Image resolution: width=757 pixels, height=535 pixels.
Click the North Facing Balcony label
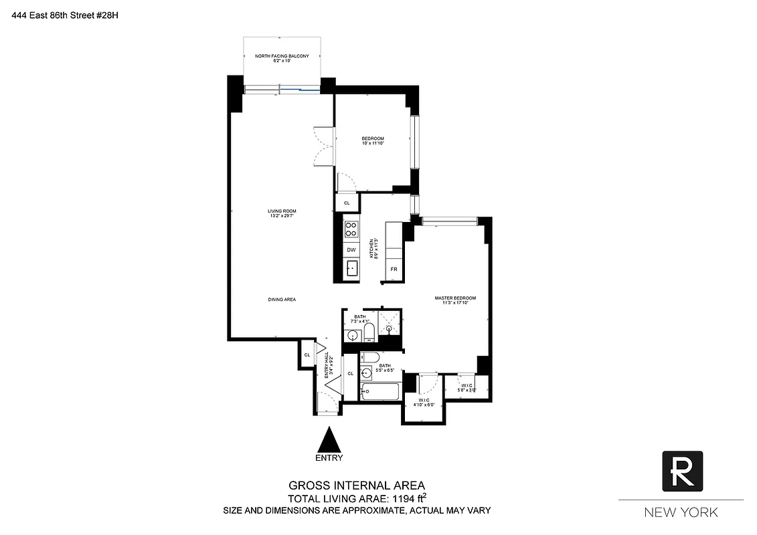(281, 58)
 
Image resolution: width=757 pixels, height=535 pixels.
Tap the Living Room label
(281, 213)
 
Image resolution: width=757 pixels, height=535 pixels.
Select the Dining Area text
(281, 300)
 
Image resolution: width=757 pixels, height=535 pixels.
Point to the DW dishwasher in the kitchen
(351, 249)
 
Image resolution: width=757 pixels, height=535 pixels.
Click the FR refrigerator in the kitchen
(394, 270)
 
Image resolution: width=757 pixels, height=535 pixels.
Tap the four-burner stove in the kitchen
(351, 229)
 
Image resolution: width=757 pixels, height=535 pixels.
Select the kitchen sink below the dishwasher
(351, 270)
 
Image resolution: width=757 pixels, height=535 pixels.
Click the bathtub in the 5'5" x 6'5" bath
(380, 391)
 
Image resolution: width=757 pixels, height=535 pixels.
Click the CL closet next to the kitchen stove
(347, 203)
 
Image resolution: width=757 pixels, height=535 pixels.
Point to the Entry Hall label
(328, 367)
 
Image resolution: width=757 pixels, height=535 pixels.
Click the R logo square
(682, 471)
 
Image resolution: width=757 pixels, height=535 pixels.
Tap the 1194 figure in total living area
(401, 498)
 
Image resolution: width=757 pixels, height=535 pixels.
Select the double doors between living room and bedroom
(324, 146)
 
